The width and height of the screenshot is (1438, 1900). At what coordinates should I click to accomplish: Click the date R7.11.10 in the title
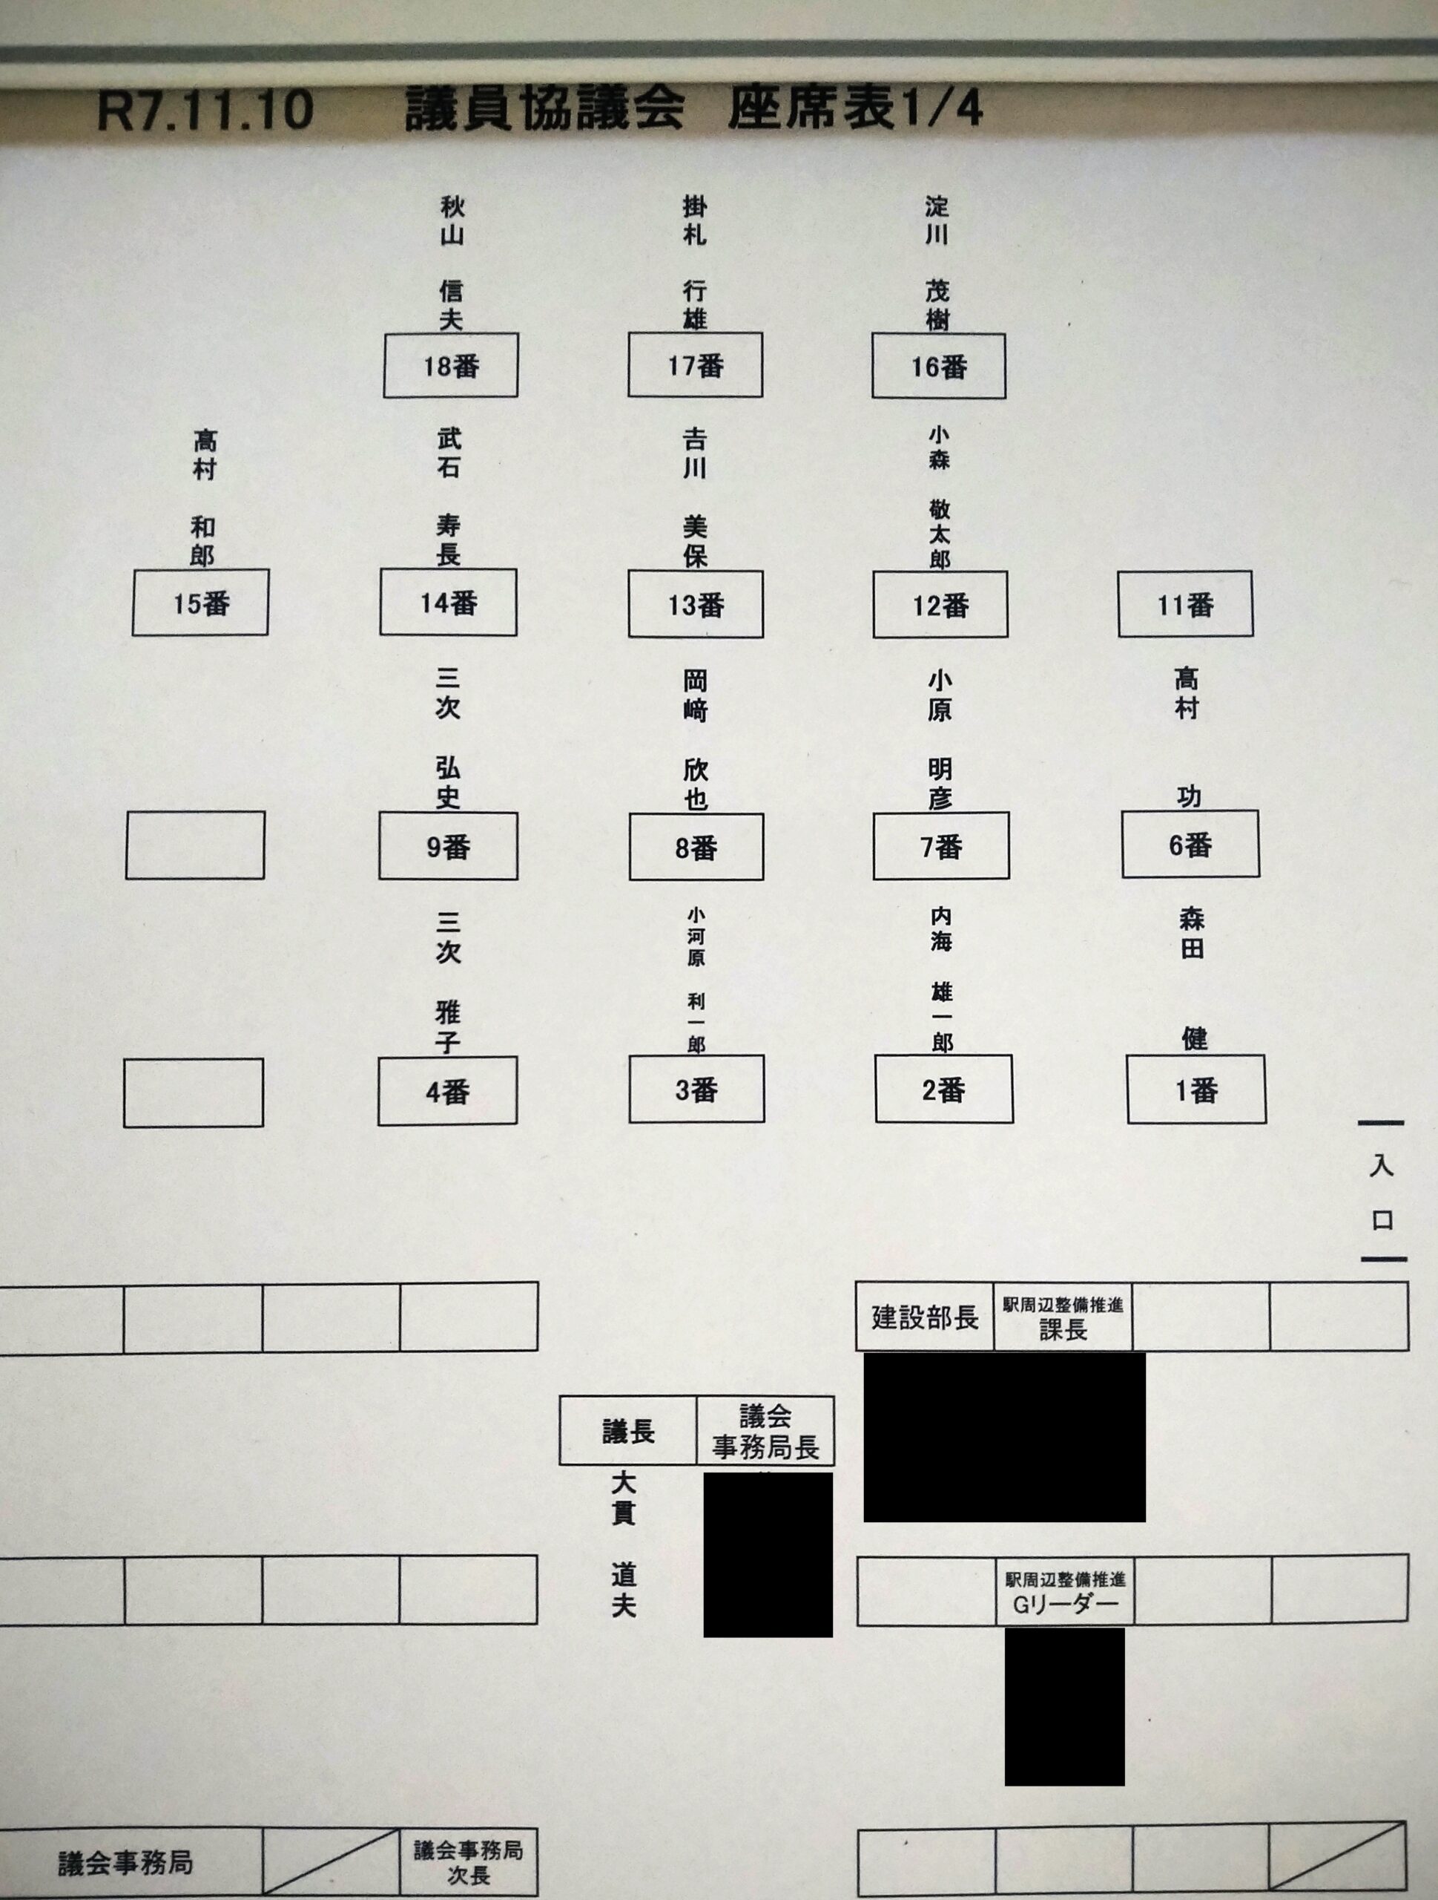tap(205, 111)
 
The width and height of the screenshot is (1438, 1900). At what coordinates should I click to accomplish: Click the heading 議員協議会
tap(544, 109)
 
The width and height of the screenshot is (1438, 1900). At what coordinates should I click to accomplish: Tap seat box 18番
tap(451, 366)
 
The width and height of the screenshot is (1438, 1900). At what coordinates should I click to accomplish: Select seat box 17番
tap(696, 366)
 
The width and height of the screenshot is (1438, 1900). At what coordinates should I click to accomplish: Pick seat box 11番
tap(1185, 605)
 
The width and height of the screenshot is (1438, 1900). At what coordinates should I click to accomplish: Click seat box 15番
tap(200, 603)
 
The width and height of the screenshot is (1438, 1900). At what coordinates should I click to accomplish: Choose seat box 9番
tap(448, 847)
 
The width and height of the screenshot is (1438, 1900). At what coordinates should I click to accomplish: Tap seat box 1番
tap(1196, 1090)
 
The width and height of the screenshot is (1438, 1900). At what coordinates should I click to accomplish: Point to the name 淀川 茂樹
tap(937, 263)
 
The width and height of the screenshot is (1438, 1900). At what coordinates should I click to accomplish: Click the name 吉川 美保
tap(695, 498)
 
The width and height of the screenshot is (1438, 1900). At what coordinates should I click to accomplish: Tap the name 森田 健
tap(1193, 979)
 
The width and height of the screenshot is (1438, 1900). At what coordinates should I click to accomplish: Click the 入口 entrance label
tap(1382, 1192)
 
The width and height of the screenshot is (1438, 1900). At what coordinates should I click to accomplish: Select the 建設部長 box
tap(925, 1317)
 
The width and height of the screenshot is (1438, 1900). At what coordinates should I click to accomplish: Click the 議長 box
tap(627, 1431)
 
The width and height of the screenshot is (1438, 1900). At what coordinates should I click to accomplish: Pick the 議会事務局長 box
tap(765, 1431)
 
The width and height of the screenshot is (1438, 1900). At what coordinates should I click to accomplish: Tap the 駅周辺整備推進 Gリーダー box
tap(1064, 1591)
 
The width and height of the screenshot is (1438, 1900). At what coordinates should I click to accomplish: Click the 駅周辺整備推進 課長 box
tap(1063, 1317)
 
